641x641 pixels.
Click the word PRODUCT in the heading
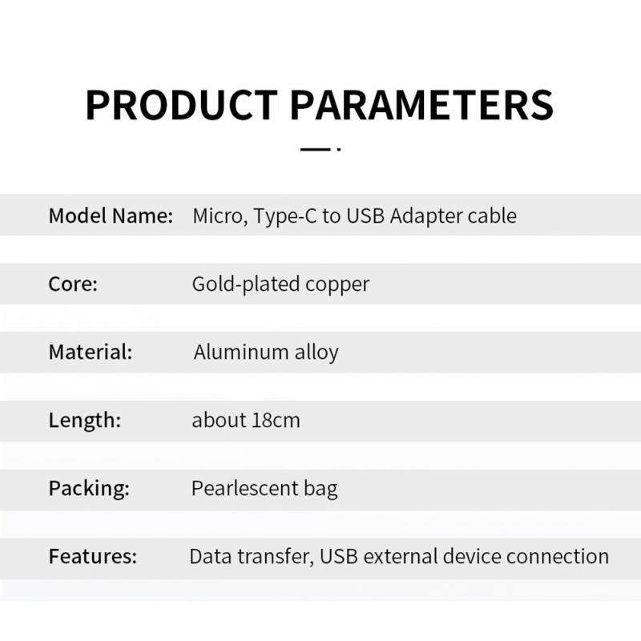pyautogui.click(x=181, y=105)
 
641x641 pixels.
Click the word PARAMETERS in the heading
pyautogui.click(x=421, y=105)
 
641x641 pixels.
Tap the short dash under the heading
pyautogui.click(x=314, y=149)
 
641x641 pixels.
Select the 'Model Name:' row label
pyautogui.click(x=111, y=216)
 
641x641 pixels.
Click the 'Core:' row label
pyautogui.click(x=73, y=284)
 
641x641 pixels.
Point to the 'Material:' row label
pyautogui.click(x=90, y=352)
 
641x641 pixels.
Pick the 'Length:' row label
pyautogui.click(x=84, y=420)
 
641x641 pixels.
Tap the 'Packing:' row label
pyautogui.click(x=89, y=488)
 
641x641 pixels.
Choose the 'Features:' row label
pyautogui.click(x=93, y=556)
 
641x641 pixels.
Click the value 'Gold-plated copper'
pyautogui.click(x=280, y=284)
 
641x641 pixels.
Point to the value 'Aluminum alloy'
pyautogui.click(x=266, y=353)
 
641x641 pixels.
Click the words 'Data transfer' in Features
pyautogui.click(x=249, y=556)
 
